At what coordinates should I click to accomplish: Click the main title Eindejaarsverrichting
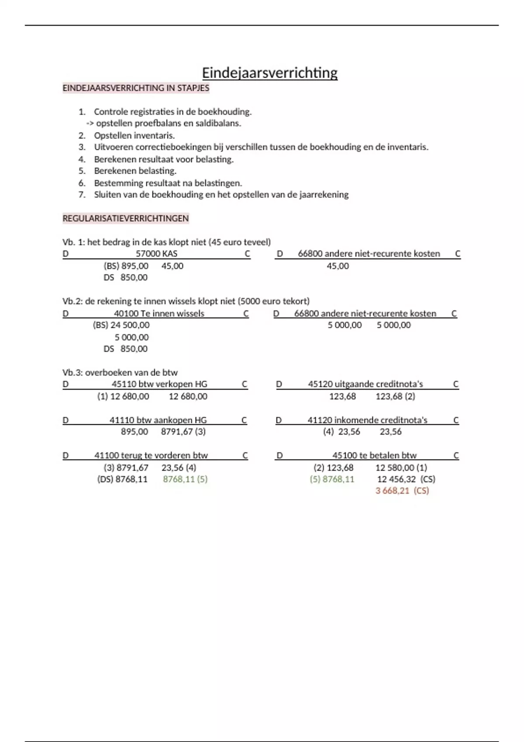pos(269,73)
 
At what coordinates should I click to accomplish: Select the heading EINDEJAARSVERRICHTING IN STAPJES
pos(136,88)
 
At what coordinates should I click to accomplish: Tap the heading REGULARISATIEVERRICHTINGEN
pos(125,218)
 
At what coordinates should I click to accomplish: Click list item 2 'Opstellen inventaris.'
pos(134,135)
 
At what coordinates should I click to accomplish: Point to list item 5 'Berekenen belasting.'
pos(135,171)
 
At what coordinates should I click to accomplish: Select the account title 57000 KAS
pos(156,254)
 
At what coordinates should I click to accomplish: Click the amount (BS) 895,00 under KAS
pos(126,266)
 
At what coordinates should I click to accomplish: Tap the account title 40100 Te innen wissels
pos(159,313)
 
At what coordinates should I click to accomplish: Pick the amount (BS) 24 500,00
pos(121,325)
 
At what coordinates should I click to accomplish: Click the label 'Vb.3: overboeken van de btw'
pos(120,372)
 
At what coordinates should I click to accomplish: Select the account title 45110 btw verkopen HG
pos(159,384)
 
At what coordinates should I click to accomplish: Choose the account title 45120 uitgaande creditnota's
pos(365,384)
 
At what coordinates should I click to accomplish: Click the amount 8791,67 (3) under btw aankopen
pos(183,432)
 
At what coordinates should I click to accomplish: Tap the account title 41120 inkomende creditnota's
pos(367,420)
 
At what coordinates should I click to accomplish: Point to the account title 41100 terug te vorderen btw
pos(151,455)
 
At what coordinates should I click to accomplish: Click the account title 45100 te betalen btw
pos(374,455)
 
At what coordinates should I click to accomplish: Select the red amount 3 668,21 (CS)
pos(402,491)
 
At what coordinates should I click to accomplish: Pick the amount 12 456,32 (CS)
pos(406,479)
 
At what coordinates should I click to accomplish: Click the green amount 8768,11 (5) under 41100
pos(185,479)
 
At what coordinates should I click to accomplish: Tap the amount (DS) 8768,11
pos(122,479)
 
